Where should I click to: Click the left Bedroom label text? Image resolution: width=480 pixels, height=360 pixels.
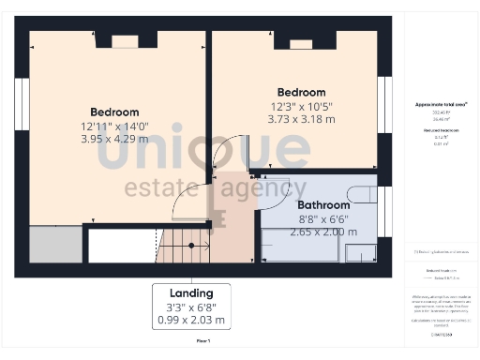(114, 112)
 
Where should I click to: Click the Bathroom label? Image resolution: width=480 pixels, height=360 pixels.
(323, 204)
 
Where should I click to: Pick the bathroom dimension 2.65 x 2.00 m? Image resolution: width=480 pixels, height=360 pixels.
(320, 232)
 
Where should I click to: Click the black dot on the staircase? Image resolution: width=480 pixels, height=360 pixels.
(192, 246)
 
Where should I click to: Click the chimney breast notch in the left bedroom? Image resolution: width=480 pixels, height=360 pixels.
(125, 41)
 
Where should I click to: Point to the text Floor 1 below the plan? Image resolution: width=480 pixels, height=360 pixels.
(202, 340)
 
